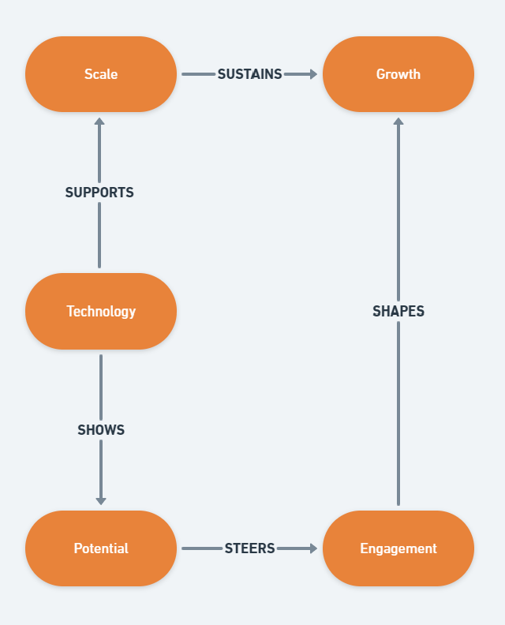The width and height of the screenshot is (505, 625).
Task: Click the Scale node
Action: [101, 74]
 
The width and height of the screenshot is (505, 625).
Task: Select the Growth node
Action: [398, 74]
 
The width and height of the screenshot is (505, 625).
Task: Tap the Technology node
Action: [101, 311]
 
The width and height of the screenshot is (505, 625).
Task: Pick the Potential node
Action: [101, 548]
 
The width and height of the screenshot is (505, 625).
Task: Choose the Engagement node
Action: [398, 548]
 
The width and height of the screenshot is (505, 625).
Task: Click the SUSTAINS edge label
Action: [249, 74]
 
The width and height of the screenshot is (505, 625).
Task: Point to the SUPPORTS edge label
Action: [99, 193]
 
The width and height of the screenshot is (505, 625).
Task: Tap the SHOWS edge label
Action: [101, 430]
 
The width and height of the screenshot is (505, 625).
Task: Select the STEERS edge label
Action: [249, 548]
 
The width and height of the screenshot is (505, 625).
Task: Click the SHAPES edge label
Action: [398, 312]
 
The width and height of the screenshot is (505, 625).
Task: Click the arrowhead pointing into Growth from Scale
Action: [313, 74]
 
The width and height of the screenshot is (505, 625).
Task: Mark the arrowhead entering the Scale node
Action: [99, 122]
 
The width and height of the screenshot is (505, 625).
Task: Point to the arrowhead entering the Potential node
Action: [101, 500]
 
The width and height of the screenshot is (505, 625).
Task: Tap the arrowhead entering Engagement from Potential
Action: [313, 548]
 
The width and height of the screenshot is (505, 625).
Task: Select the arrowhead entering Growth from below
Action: [398, 122]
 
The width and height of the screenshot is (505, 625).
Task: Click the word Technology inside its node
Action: [101, 311]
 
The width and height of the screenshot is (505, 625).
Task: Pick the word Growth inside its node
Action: [398, 74]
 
